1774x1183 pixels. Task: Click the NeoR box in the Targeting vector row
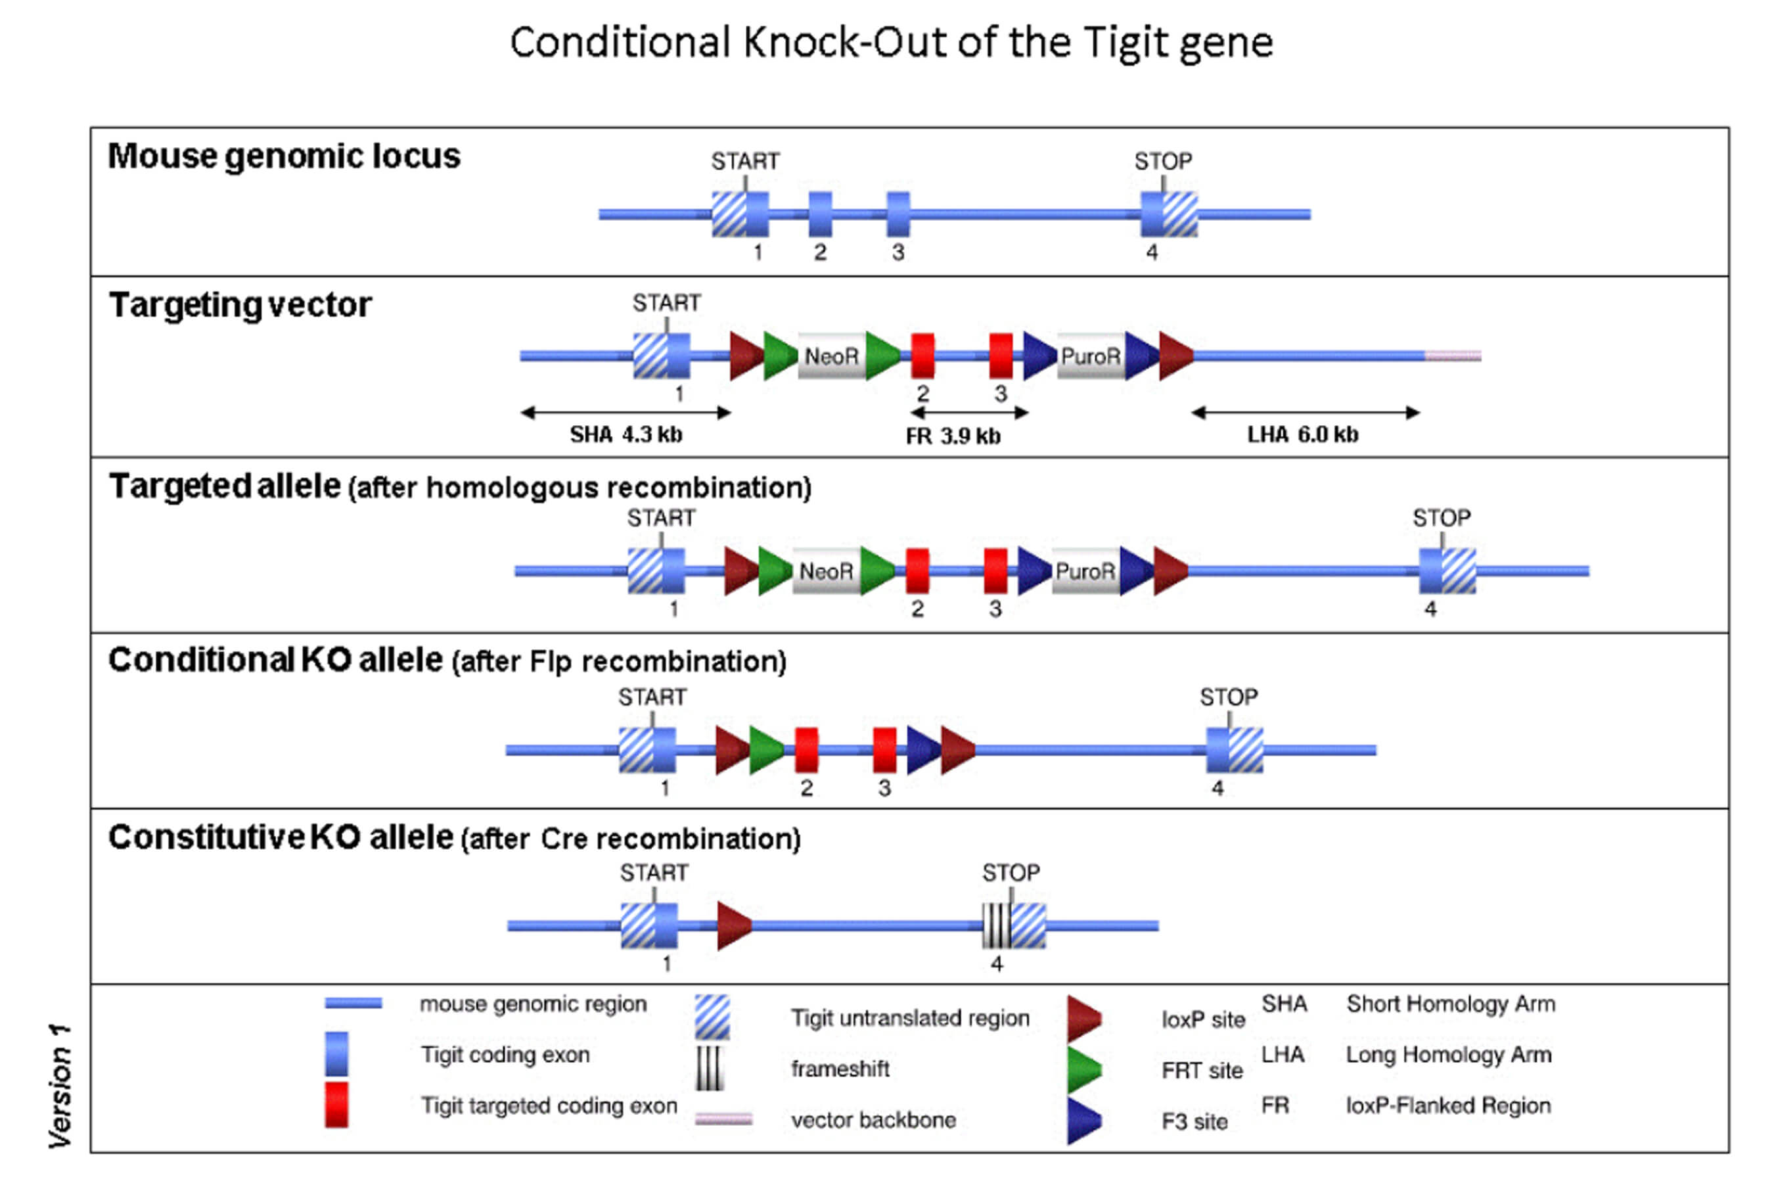pyautogui.click(x=831, y=356)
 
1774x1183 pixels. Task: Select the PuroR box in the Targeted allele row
pyautogui.click(x=1085, y=571)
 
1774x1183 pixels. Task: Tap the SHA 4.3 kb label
pyautogui.click(x=625, y=434)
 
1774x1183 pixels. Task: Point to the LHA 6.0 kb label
pyautogui.click(x=1303, y=434)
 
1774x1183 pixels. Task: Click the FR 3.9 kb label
pyautogui.click(x=953, y=436)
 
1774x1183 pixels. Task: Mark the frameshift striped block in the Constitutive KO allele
pyautogui.click(x=995, y=926)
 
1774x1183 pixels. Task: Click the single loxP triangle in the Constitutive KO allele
pyautogui.click(x=733, y=926)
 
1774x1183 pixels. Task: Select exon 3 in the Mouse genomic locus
pyautogui.click(x=898, y=214)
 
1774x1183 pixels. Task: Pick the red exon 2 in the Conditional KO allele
pyautogui.click(x=806, y=750)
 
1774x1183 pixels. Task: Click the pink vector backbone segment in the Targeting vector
pyautogui.click(x=1453, y=356)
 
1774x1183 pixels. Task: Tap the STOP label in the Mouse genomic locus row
pyautogui.click(x=1163, y=162)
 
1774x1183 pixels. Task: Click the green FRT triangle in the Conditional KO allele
pyautogui.click(x=765, y=750)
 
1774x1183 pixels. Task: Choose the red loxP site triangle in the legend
pyautogui.click(x=1083, y=1019)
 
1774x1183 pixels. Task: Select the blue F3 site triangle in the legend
pyautogui.click(x=1083, y=1121)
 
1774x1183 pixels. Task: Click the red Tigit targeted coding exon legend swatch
pyautogui.click(x=336, y=1105)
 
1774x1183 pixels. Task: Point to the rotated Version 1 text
pyautogui.click(x=60, y=1086)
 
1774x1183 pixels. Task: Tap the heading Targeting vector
pyautogui.click(x=240, y=306)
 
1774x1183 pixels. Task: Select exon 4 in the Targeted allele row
pyautogui.click(x=1447, y=571)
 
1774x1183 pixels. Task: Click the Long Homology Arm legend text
pyautogui.click(x=1448, y=1055)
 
